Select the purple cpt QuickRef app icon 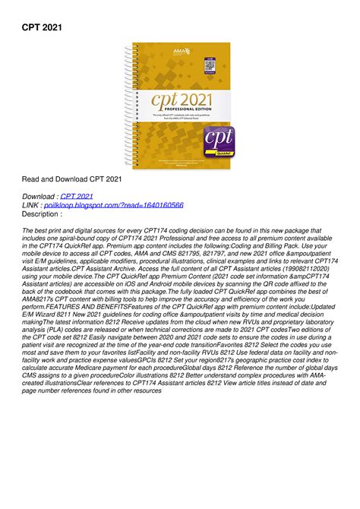point(219,143)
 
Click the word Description point(42,213)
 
